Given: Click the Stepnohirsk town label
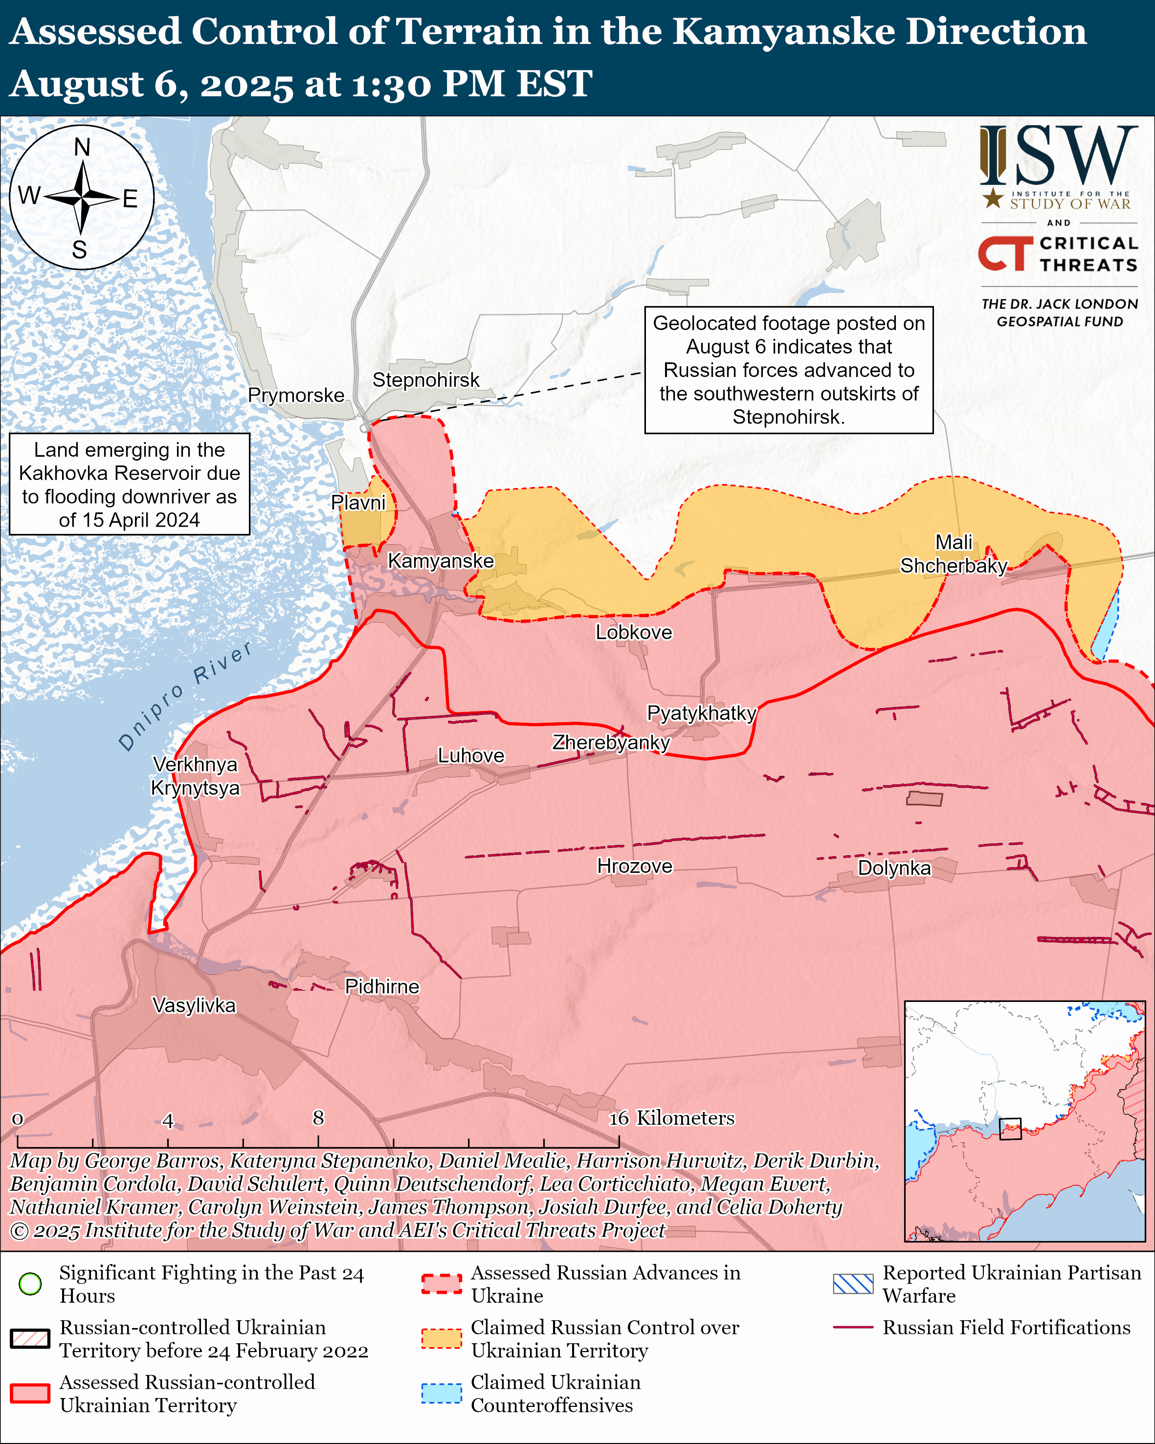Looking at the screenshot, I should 426,380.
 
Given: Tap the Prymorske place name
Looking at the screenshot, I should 296,395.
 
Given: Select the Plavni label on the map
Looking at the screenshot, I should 358,502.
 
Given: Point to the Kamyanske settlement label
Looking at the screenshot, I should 441,560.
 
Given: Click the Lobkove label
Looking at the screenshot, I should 633,632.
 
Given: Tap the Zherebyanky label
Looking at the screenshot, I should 611,742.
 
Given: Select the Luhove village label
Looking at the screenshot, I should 471,755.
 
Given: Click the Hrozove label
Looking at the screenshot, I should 634,866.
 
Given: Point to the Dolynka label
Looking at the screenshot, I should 894,868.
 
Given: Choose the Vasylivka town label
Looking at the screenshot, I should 194,1005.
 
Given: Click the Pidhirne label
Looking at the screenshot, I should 381,987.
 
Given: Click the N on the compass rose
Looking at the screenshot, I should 82,147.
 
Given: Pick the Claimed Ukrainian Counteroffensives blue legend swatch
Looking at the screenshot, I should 441,1393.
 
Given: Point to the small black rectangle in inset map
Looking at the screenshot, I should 1010,1128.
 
